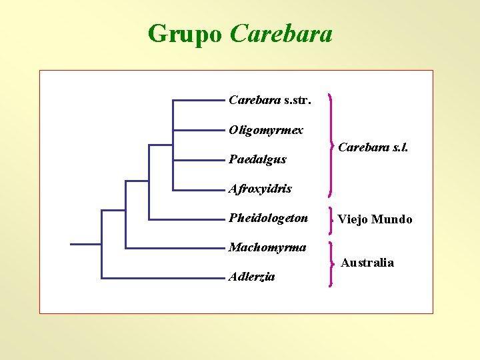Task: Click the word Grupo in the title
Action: click(185, 33)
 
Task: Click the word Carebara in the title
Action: click(281, 33)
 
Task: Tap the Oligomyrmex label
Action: click(265, 130)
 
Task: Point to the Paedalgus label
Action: click(257, 159)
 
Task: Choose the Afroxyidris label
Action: click(260, 189)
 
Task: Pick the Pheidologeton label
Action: click(268, 218)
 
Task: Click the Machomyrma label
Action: click(267, 247)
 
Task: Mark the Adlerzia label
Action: click(251, 276)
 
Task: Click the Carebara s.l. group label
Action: click(373, 147)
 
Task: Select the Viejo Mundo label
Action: click(375, 219)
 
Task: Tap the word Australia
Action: click(367, 263)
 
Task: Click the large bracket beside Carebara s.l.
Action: click(331, 145)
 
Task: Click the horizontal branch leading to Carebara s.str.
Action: click(198, 101)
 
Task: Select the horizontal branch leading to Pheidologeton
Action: click(186, 219)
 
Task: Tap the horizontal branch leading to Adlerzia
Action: click(163, 277)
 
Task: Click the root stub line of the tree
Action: click(85, 244)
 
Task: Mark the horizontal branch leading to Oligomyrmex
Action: click(198, 130)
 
